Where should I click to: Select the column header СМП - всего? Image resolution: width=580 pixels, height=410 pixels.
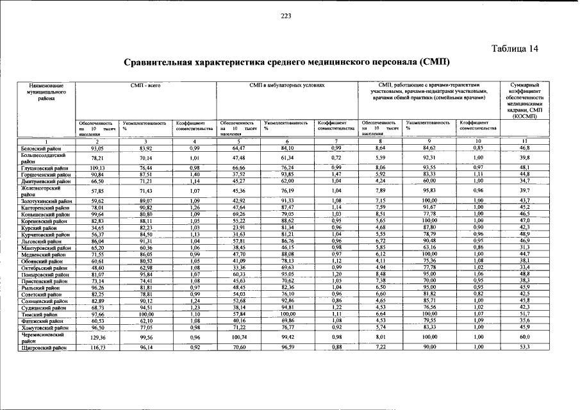tap(145, 85)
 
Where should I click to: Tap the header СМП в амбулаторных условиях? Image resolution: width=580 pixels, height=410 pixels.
tap(287, 85)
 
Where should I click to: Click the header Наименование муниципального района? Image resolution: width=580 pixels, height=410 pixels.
tap(42, 92)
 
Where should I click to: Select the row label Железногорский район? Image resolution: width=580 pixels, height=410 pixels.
tap(42, 191)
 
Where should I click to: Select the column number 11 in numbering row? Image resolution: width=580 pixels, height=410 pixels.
tap(525, 142)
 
